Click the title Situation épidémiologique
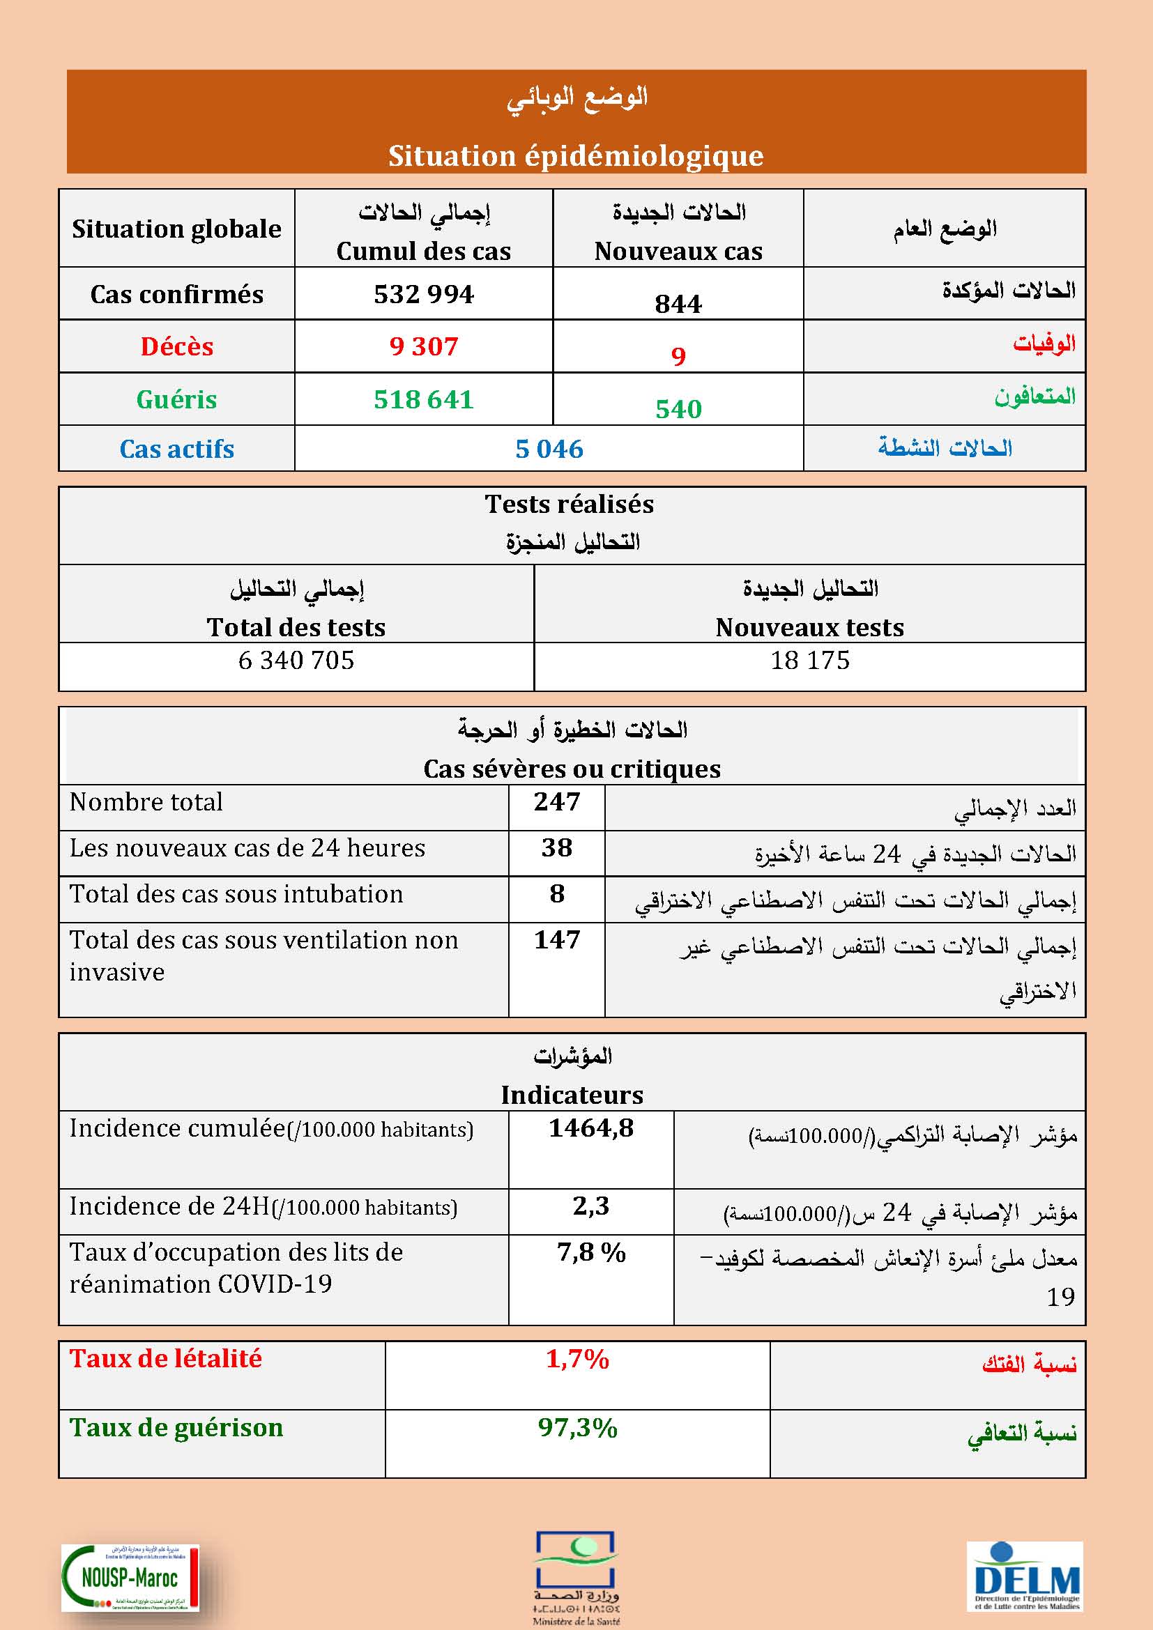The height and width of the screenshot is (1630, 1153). (575, 156)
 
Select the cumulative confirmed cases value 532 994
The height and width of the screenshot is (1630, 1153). (424, 294)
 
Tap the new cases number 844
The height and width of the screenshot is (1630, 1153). (678, 304)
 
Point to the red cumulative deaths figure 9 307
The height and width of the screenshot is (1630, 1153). (424, 346)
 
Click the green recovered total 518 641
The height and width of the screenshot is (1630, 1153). (424, 399)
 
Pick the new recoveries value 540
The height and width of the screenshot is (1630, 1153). (678, 409)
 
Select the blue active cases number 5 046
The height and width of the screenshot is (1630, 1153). (549, 449)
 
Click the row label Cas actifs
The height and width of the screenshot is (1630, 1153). (177, 449)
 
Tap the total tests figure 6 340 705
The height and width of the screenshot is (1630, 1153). (296, 660)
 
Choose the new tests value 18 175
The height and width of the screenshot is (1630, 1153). (810, 660)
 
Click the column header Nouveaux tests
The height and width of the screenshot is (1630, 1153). (810, 628)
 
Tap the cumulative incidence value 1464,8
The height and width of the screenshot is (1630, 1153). (590, 1128)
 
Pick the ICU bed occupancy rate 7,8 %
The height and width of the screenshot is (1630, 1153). (590, 1252)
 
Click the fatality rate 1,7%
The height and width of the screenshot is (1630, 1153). (577, 1359)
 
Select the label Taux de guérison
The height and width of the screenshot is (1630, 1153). (176, 1428)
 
